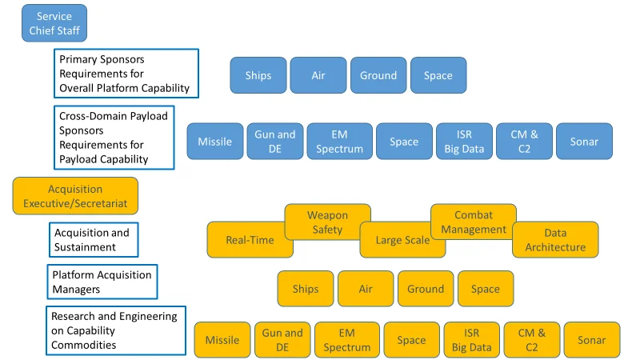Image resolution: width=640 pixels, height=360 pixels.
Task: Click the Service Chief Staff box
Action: point(54,23)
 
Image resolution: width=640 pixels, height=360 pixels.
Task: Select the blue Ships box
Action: point(258,75)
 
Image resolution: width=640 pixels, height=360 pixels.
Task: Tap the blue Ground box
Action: point(378,75)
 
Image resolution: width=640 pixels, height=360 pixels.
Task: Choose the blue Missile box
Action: point(214,141)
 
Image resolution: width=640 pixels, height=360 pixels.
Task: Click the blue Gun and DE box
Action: point(275,141)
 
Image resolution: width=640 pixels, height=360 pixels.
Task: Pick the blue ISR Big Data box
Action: point(464,141)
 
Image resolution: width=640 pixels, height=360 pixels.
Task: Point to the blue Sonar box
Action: point(584,141)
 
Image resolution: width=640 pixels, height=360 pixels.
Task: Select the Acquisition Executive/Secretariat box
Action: point(75,196)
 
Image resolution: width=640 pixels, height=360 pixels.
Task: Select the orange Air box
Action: point(366,289)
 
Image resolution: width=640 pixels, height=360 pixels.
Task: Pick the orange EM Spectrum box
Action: point(347,340)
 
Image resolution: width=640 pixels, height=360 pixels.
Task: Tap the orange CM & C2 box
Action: point(531,340)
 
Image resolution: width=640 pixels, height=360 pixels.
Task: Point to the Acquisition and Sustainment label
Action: point(93,240)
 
